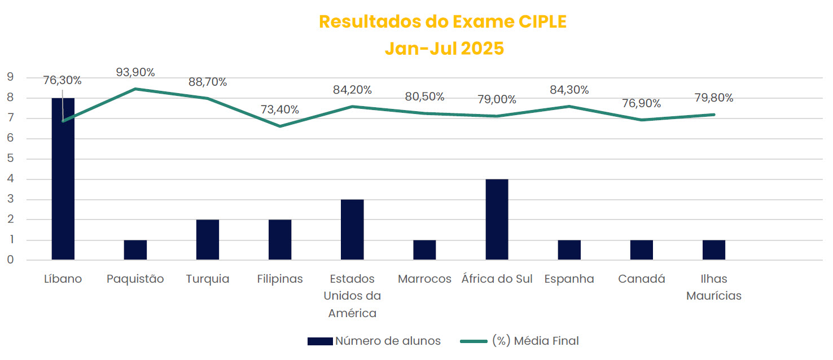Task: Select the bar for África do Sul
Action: (x=497, y=219)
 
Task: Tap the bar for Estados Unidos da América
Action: (x=352, y=230)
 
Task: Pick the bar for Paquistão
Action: (x=135, y=250)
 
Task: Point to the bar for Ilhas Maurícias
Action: (x=714, y=250)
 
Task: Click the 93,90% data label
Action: (x=135, y=72)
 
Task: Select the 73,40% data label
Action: (x=280, y=109)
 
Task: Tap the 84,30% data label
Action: (x=569, y=90)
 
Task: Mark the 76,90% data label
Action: (x=642, y=104)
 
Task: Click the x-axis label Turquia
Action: (x=208, y=279)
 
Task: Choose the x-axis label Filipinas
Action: (x=280, y=279)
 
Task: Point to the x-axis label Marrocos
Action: (x=424, y=279)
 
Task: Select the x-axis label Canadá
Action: (x=642, y=279)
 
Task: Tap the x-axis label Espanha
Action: (x=569, y=279)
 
